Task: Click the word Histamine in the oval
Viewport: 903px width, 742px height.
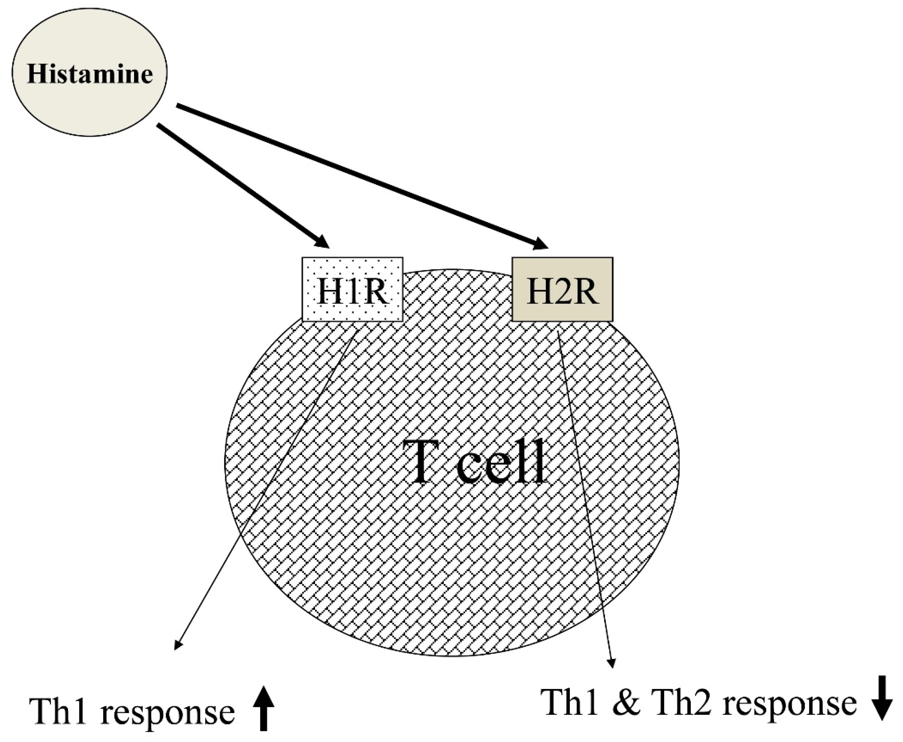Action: click(90, 74)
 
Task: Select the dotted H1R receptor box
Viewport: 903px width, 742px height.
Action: click(352, 289)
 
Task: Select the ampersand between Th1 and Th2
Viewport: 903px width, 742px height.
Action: click(627, 703)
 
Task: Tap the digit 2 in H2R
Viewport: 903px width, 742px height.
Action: click(562, 291)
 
